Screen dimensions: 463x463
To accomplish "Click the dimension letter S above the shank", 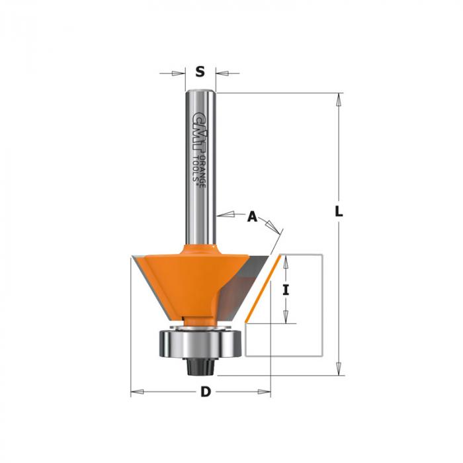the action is [200, 71].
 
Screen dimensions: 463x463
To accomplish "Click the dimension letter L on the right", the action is [339, 212].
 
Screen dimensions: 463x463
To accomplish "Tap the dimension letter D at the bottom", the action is [206, 392].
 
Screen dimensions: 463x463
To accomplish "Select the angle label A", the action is [252, 217].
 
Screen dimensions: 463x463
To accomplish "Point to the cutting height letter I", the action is [286, 290].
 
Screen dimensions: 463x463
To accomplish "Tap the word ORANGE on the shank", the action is [202, 171].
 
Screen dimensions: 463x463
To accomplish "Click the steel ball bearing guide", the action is [201, 343].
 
